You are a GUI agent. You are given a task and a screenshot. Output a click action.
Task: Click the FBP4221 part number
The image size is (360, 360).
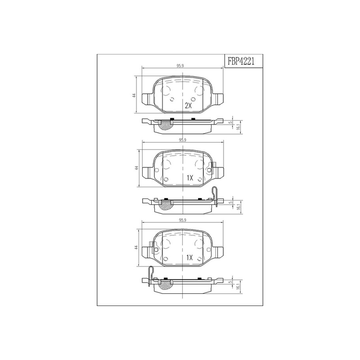(x=241, y=61)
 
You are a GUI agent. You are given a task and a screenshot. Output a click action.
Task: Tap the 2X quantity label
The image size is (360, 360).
(x=188, y=106)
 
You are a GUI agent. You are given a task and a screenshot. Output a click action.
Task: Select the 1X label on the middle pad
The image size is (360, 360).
(x=189, y=178)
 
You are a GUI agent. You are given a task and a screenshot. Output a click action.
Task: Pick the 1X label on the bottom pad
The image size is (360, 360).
(x=189, y=257)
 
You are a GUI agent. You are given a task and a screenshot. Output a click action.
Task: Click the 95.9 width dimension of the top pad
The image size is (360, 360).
(x=180, y=66)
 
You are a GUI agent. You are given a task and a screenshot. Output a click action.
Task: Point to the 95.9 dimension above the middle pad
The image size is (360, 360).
(x=182, y=140)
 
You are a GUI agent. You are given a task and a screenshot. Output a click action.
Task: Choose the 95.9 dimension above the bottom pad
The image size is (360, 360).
(x=182, y=220)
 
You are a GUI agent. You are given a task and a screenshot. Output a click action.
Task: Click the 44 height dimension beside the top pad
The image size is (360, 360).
(x=134, y=95)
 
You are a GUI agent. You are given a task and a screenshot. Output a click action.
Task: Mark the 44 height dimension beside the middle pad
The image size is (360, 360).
(x=137, y=168)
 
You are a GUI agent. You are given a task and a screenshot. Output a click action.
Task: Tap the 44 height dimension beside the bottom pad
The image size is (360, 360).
(x=136, y=247)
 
